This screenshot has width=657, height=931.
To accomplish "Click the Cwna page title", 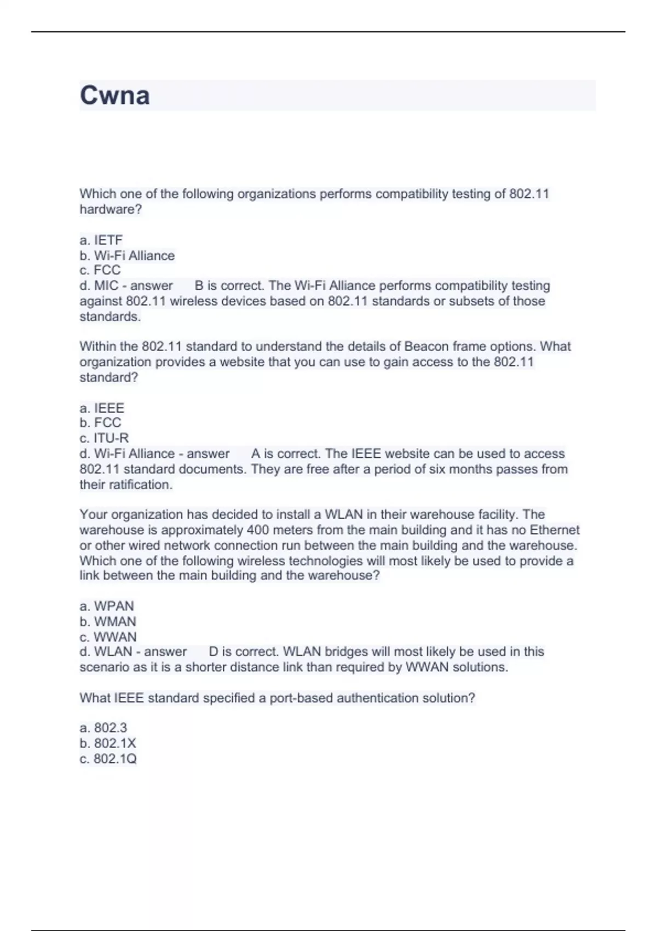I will pos(114,95).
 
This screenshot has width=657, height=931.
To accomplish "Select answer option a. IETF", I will pos(101,240).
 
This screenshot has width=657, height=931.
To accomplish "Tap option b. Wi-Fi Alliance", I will pos(127,256).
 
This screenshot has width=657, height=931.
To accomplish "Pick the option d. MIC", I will pos(99,286).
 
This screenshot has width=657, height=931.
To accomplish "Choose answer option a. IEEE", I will pos(102,408).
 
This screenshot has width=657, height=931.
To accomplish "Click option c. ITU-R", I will pos(104,438).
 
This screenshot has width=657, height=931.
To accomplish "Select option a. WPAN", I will pos(107,606).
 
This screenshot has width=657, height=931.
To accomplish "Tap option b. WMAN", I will pos(108,622).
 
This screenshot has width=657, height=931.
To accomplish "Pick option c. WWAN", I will pos(108,637).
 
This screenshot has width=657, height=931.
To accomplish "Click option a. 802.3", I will pos(103,728).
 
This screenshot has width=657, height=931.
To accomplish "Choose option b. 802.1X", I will pos(108,743).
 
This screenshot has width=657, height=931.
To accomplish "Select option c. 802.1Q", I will pos(108,759).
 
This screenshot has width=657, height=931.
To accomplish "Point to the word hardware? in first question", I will pos(111,209).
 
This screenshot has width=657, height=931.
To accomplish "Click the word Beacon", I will pos(426,347).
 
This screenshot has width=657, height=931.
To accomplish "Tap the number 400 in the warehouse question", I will pos(257,530).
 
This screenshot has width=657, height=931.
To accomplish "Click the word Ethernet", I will pos(554,530).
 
